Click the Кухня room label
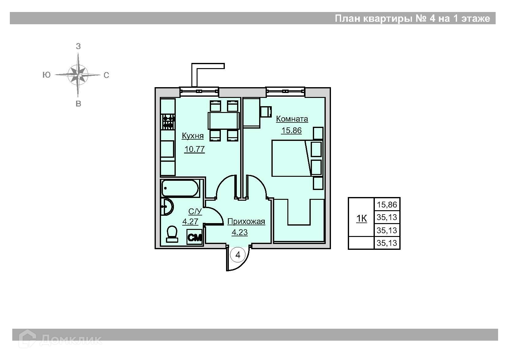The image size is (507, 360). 193,136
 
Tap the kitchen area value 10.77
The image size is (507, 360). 194,149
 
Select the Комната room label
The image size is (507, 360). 292,119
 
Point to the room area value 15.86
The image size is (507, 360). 291,130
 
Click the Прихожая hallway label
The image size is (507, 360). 246,222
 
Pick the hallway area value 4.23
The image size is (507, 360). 240,233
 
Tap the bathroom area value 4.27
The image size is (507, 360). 190,222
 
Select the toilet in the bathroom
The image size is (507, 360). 172,234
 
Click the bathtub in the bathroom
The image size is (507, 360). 180,188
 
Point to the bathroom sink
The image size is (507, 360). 167,207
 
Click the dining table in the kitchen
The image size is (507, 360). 224,121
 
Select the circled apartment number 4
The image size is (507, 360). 238,255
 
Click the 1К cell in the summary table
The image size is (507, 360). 362,219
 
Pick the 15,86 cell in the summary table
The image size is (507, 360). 387,205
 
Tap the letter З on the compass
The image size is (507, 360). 78,46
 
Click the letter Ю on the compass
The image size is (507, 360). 46,75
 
